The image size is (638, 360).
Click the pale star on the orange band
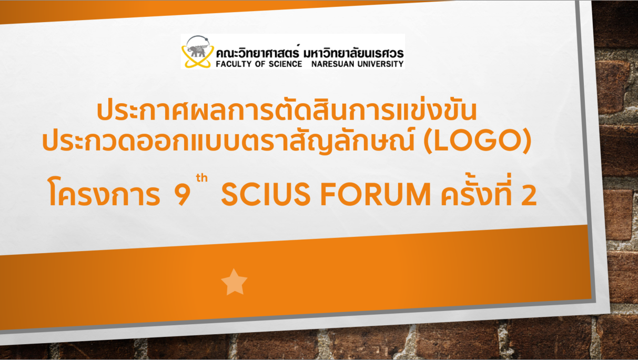(234, 282)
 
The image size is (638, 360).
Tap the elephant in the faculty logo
(196, 51)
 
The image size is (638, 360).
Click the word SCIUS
(266, 194)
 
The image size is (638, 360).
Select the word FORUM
(376, 194)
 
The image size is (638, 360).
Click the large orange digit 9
(182, 195)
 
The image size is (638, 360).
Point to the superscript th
(201, 178)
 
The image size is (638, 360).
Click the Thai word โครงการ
(104, 192)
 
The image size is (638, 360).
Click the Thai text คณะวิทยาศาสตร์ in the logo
(258, 52)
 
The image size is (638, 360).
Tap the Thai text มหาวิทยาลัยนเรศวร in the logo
(353, 53)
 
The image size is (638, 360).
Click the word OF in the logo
(260, 64)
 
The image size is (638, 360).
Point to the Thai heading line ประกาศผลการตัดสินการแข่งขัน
(287, 110)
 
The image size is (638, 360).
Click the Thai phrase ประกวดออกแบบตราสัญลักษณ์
(228, 140)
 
